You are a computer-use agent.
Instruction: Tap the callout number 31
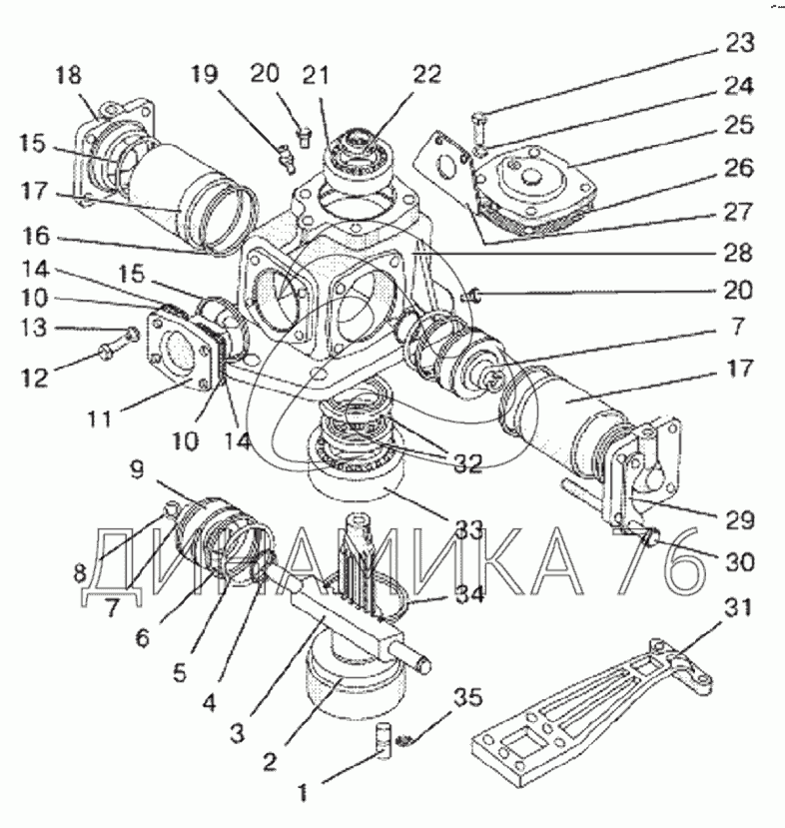tap(736, 608)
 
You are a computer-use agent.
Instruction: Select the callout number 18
tap(68, 75)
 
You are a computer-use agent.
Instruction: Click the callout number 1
tap(302, 792)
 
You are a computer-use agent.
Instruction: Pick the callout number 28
tap(737, 253)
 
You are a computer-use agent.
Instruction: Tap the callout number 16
tap(35, 236)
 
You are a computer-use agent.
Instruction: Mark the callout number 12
tap(35, 379)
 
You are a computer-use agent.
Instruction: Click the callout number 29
tap(738, 520)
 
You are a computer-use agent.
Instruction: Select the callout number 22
tap(426, 75)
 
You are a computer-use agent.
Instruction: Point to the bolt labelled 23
tap(477, 128)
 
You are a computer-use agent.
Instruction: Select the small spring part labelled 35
tap(404, 740)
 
